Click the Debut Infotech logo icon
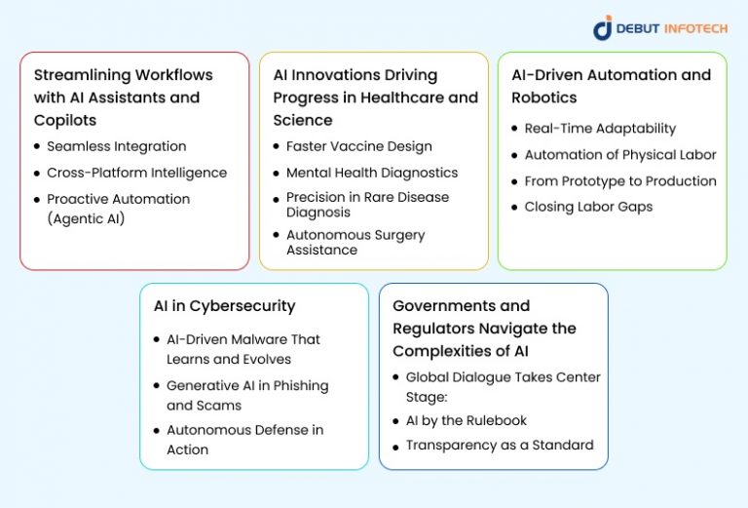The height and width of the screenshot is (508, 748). pos(603,27)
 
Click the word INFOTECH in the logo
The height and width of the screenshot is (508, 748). pos(695,28)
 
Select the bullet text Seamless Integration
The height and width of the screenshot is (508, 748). pos(116,146)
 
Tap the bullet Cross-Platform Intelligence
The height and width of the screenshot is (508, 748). pos(136,173)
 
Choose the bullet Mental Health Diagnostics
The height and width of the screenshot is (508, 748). pos(371,173)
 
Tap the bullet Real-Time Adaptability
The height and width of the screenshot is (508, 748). pos(600,129)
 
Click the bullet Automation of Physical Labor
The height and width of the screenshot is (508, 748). pos(620,155)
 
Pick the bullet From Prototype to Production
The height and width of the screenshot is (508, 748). pos(620,181)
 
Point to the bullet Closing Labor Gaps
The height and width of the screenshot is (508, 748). pos(588,207)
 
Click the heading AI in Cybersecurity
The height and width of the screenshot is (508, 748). pos(224,306)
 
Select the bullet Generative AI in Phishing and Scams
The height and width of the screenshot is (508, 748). pos(247,395)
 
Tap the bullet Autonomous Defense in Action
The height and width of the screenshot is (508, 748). pos(244,440)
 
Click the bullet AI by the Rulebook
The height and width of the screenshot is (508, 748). pos(466,420)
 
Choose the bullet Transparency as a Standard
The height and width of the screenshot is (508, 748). pos(499,446)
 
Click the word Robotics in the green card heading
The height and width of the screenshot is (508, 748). pos(544,98)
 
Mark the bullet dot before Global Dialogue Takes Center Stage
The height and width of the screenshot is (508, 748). pos(395,376)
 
